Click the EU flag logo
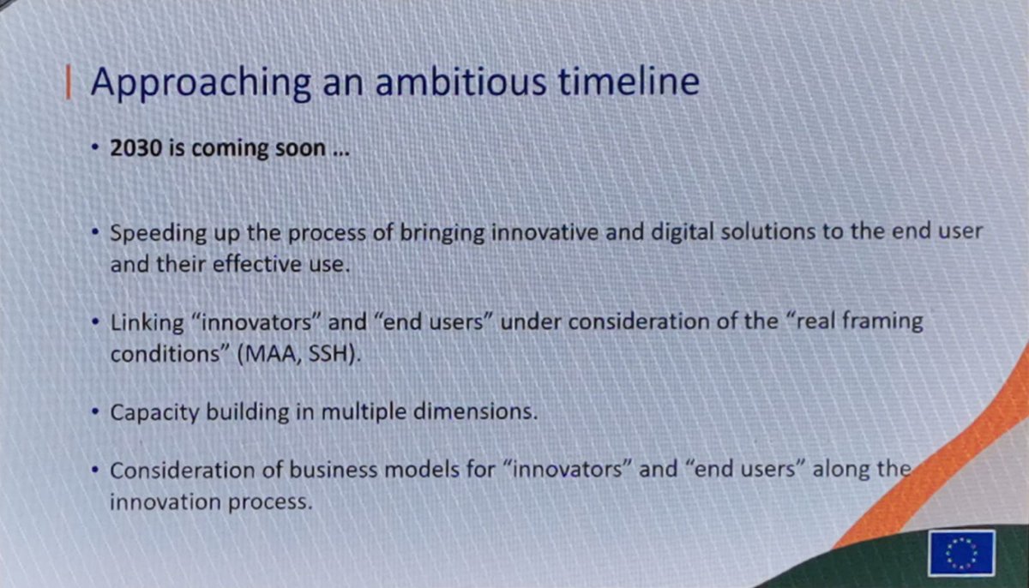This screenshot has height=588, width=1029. (x=960, y=553)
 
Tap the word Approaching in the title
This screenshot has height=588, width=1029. (x=201, y=83)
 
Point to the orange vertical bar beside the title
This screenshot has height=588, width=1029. (x=68, y=82)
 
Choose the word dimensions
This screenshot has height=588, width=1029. (x=482, y=411)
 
